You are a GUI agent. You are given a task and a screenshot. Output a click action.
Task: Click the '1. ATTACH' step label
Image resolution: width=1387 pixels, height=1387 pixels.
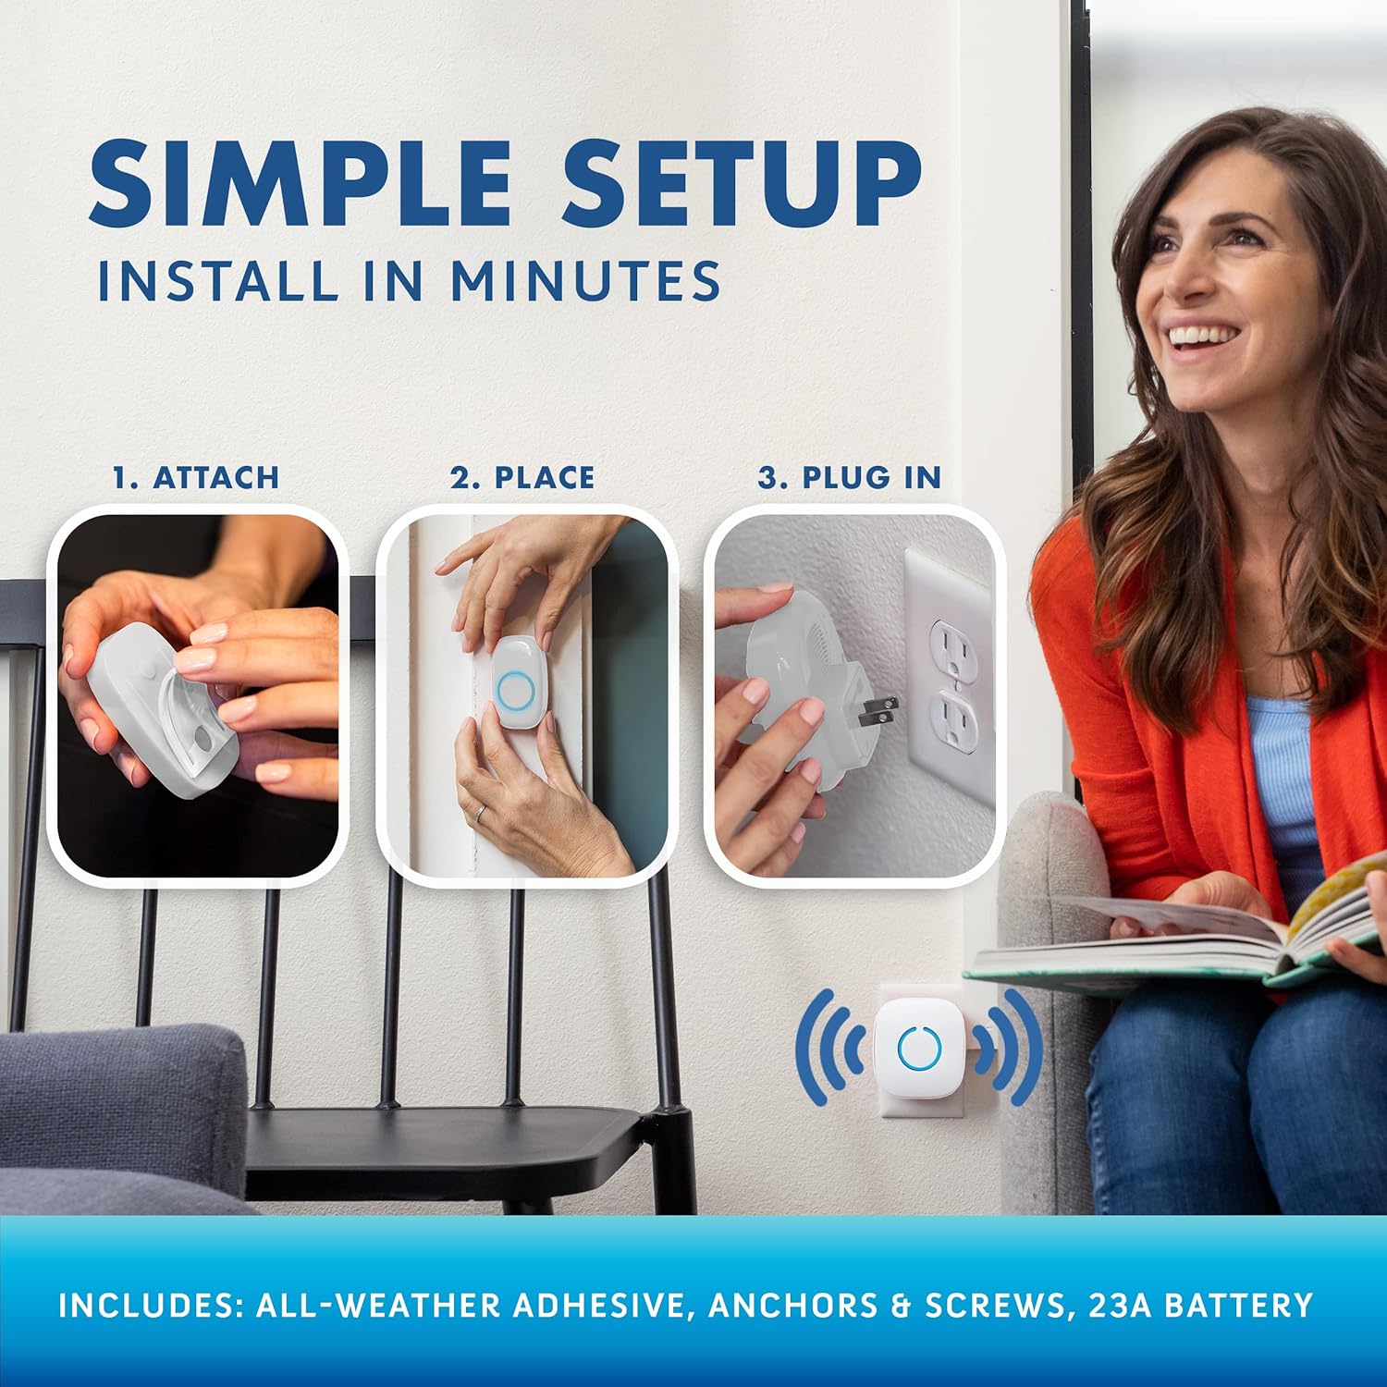[195, 477]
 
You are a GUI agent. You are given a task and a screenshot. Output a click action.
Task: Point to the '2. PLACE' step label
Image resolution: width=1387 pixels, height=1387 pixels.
[522, 477]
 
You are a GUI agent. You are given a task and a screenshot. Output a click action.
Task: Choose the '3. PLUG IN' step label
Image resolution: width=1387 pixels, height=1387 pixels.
[850, 477]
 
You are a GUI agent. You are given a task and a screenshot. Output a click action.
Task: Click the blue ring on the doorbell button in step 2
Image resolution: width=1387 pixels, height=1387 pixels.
[513, 688]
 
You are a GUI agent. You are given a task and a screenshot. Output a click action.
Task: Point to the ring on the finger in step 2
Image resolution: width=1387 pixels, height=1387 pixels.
[480, 812]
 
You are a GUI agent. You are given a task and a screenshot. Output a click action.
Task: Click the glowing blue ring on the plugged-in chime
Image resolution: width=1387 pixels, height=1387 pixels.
[919, 1047]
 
